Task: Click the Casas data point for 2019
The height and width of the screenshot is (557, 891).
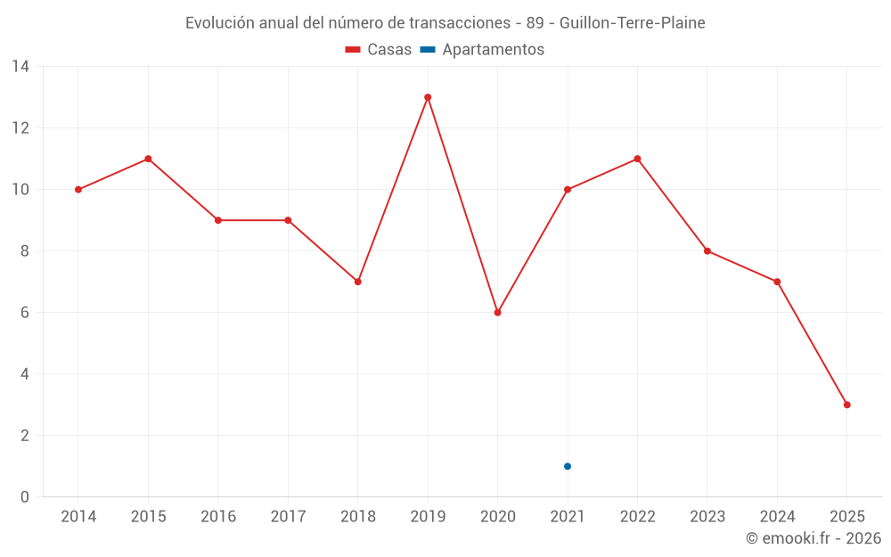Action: (x=428, y=97)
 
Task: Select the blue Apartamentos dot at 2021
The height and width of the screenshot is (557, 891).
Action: (x=568, y=466)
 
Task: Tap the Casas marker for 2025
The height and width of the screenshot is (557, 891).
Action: (x=847, y=405)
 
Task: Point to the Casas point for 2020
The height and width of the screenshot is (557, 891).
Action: (x=497, y=313)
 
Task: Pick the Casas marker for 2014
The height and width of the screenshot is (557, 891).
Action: (x=78, y=190)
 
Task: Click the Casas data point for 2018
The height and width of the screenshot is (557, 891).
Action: (x=357, y=282)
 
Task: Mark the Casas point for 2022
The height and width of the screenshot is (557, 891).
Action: (x=637, y=159)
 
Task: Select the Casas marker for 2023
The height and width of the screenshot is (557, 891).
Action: (x=707, y=251)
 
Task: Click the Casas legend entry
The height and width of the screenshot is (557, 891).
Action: (x=379, y=50)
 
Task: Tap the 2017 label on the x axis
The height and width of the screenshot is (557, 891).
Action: (x=288, y=517)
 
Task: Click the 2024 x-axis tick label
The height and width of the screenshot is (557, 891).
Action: (x=777, y=517)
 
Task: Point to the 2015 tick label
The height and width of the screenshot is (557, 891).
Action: (x=148, y=517)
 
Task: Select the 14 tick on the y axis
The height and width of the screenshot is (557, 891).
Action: (x=20, y=67)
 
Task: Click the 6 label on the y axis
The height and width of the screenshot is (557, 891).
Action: (x=25, y=313)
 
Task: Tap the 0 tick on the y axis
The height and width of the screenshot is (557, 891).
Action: (x=25, y=497)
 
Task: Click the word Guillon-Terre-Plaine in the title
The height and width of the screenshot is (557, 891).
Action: (x=633, y=23)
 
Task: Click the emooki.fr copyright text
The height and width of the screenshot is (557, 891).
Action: (x=813, y=538)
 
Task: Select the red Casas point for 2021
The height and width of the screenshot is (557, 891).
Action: (x=568, y=190)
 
